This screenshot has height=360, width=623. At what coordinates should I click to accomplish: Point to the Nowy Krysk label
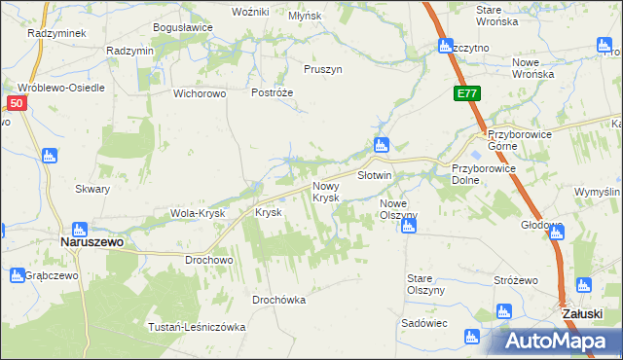[325, 192]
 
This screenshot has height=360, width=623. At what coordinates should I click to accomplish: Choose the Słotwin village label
[374, 176]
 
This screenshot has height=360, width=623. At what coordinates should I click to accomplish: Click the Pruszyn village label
[322, 70]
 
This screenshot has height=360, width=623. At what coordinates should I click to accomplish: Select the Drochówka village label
[278, 300]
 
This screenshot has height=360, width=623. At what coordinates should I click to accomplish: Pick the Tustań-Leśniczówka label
[197, 327]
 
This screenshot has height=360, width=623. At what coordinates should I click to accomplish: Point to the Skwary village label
[92, 190]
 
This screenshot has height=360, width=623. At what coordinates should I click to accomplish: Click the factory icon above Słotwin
[381, 146]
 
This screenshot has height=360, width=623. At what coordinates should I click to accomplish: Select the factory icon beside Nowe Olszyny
[409, 227]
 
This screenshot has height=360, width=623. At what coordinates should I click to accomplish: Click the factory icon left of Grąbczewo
[17, 275]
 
